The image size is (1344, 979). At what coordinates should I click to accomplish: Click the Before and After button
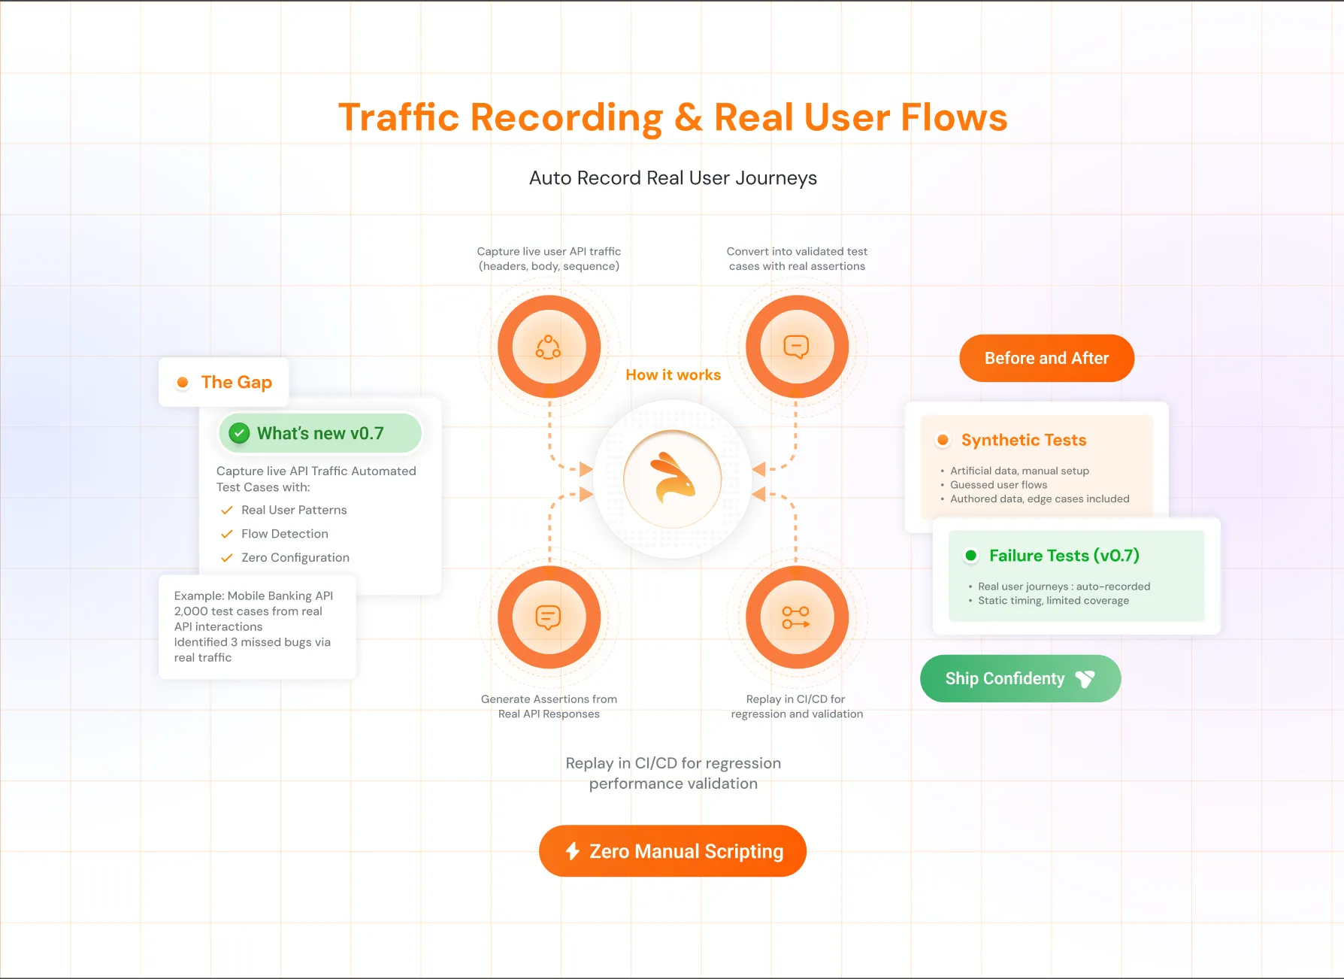[1046, 359]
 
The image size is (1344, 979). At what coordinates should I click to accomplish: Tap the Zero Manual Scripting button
[673, 851]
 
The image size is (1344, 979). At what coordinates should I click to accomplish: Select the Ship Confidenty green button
[1020, 679]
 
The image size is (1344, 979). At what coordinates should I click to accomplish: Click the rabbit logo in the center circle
[673, 479]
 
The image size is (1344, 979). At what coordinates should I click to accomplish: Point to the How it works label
[673, 375]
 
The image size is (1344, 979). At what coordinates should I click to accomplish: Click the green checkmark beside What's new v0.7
[239, 433]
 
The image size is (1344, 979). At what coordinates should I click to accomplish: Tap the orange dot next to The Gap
[182, 383]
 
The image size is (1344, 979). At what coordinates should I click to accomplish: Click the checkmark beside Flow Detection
[226, 534]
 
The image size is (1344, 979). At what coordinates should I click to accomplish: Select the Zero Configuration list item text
[295, 558]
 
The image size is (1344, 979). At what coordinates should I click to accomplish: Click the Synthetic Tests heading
[1023, 440]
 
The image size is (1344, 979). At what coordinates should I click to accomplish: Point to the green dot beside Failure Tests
[970, 556]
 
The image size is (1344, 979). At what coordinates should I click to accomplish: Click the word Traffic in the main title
[398, 118]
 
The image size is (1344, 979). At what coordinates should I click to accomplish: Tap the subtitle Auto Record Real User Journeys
[673, 178]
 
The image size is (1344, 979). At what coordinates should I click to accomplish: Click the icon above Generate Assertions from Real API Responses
[549, 617]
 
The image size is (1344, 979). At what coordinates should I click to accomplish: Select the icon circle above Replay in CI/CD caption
[796, 617]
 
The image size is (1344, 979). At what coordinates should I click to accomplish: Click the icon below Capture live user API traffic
[549, 347]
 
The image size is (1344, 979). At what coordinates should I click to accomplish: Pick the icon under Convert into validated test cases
[796, 347]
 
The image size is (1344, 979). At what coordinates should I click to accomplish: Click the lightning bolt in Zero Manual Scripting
[573, 851]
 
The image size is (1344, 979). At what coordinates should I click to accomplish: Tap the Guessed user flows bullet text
[998, 485]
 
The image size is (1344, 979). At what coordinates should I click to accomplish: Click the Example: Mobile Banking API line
[253, 596]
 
